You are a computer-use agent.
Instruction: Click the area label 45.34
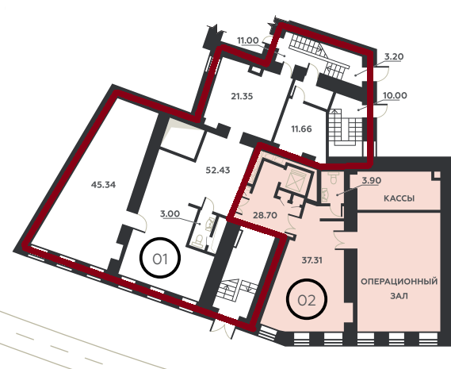[x=103, y=185]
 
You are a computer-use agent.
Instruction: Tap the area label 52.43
[x=218, y=171]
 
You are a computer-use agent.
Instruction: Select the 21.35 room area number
[x=243, y=96]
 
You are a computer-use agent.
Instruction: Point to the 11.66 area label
[x=301, y=129]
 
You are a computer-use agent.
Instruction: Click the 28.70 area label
[x=265, y=215]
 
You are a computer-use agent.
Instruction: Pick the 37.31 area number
[x=312, y=260]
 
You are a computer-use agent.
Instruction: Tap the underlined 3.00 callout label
[x=170, y=214]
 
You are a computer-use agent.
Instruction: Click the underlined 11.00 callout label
[x=248, y=40]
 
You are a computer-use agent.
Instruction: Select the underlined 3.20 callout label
[x=394, y=57]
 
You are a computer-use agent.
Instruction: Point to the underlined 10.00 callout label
[x=396, y=95]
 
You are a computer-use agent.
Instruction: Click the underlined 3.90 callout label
[x=371, y=181]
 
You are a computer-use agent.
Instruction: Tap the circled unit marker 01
[x=160, y=258]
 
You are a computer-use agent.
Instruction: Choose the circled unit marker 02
[x=307, y=299]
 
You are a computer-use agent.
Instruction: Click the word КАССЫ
[x=399, y=198]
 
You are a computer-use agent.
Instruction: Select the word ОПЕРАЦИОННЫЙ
[x=399, y=282]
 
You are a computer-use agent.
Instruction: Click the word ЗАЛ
[x=399, y=296]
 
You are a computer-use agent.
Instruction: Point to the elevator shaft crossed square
[x=296, y=179]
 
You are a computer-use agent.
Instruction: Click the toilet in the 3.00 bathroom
[x=198, y=240]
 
